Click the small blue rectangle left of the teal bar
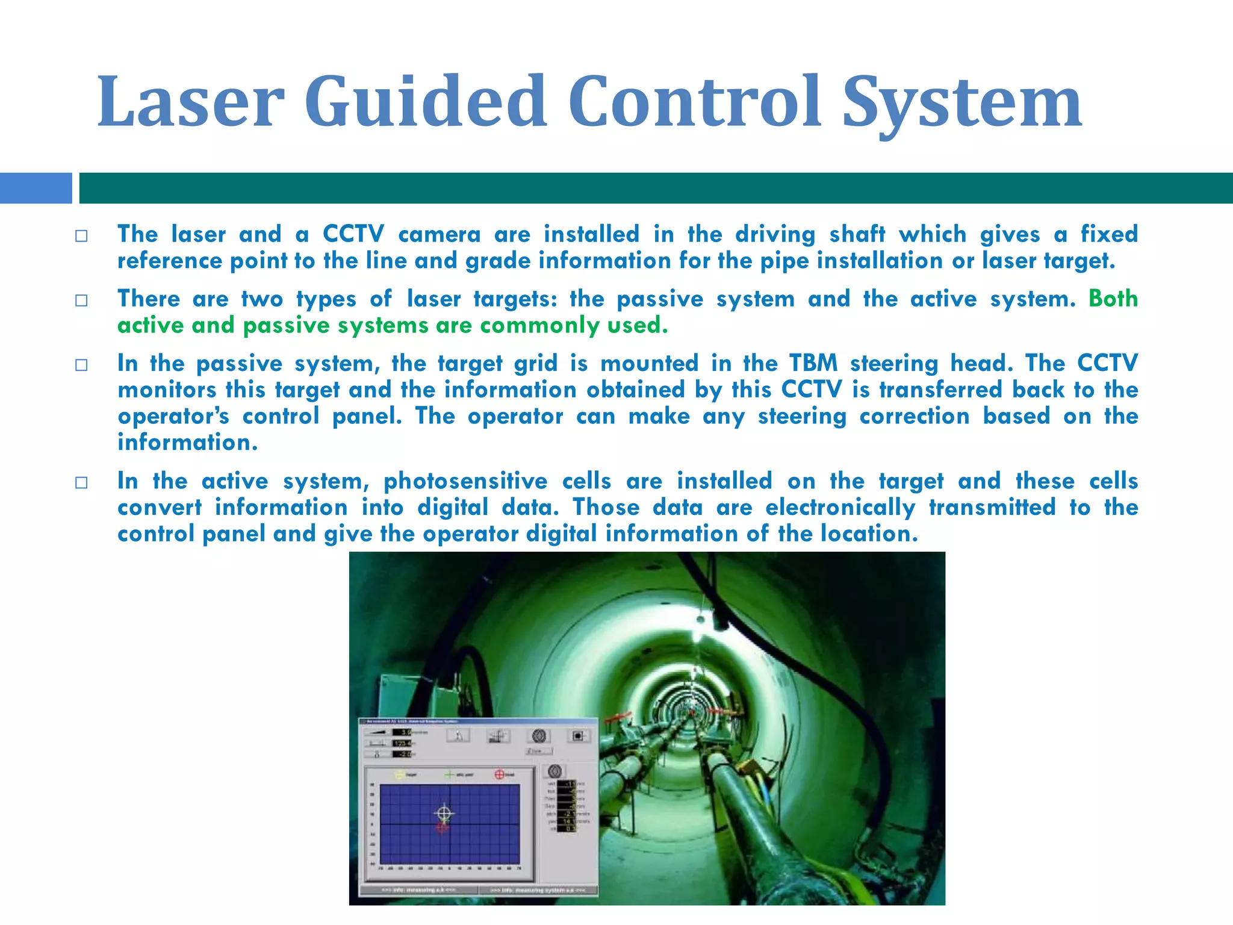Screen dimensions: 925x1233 (x=36, y=188)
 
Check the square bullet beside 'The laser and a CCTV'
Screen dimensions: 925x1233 (x=81, y=236)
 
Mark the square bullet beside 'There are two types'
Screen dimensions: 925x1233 (x=81, y=301)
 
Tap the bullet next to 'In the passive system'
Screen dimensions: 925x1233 (x=81, y=365)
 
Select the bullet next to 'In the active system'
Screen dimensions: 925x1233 (x=81, y=482)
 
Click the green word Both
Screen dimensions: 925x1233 (x=1113, y=299)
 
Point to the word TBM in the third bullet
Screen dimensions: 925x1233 (x=813, y=363)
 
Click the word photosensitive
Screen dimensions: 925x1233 (x=465, y=481)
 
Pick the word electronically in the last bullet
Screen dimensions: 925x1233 (x=840, y=508)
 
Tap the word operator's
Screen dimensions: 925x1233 (x=173, y=416)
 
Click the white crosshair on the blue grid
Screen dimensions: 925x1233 (x=444, y=814)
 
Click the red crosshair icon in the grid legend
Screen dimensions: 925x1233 (x=499, y=774)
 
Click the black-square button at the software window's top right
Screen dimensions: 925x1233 (x=578, y=736)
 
